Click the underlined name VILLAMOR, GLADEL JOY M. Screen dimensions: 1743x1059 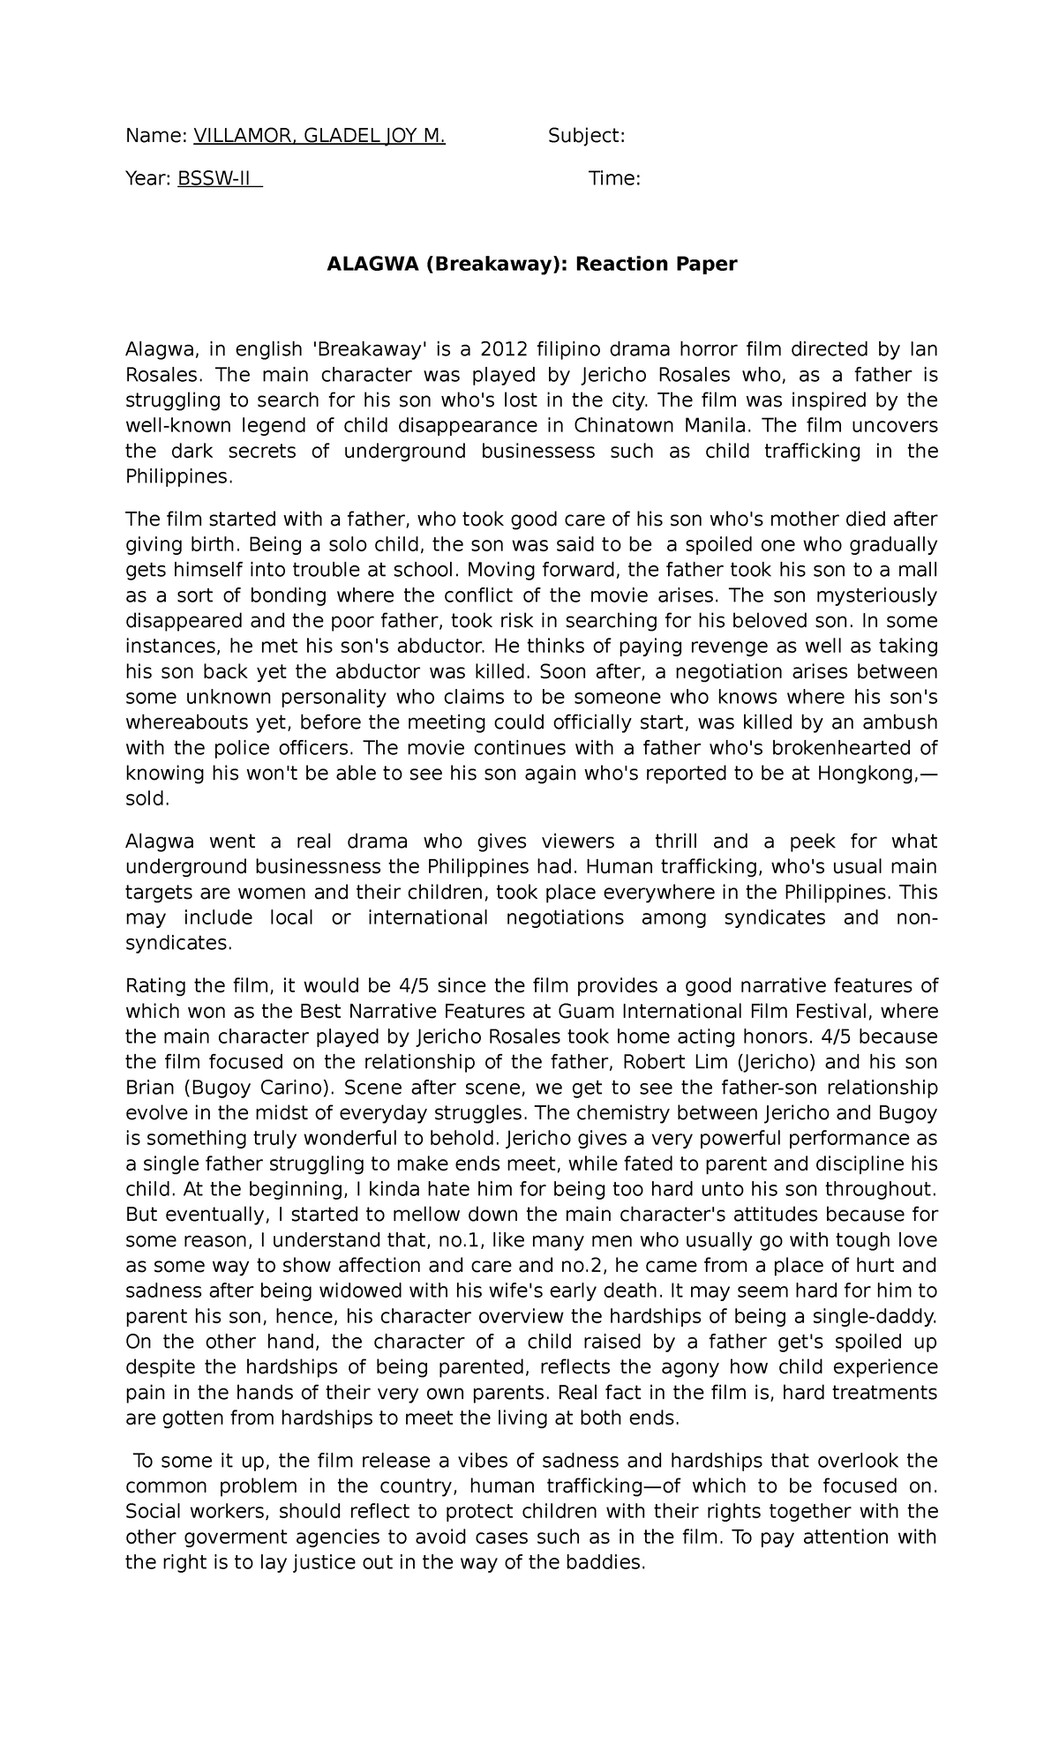[319, 136]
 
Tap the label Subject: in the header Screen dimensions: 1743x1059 [586, 136]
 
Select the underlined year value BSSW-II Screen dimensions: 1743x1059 [220, 179]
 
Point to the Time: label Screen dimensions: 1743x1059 [614, 179]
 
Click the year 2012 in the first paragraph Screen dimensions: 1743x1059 [504, 349]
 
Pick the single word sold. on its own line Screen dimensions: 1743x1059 [146, 799]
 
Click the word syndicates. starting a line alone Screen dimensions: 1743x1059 [179, 943]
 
